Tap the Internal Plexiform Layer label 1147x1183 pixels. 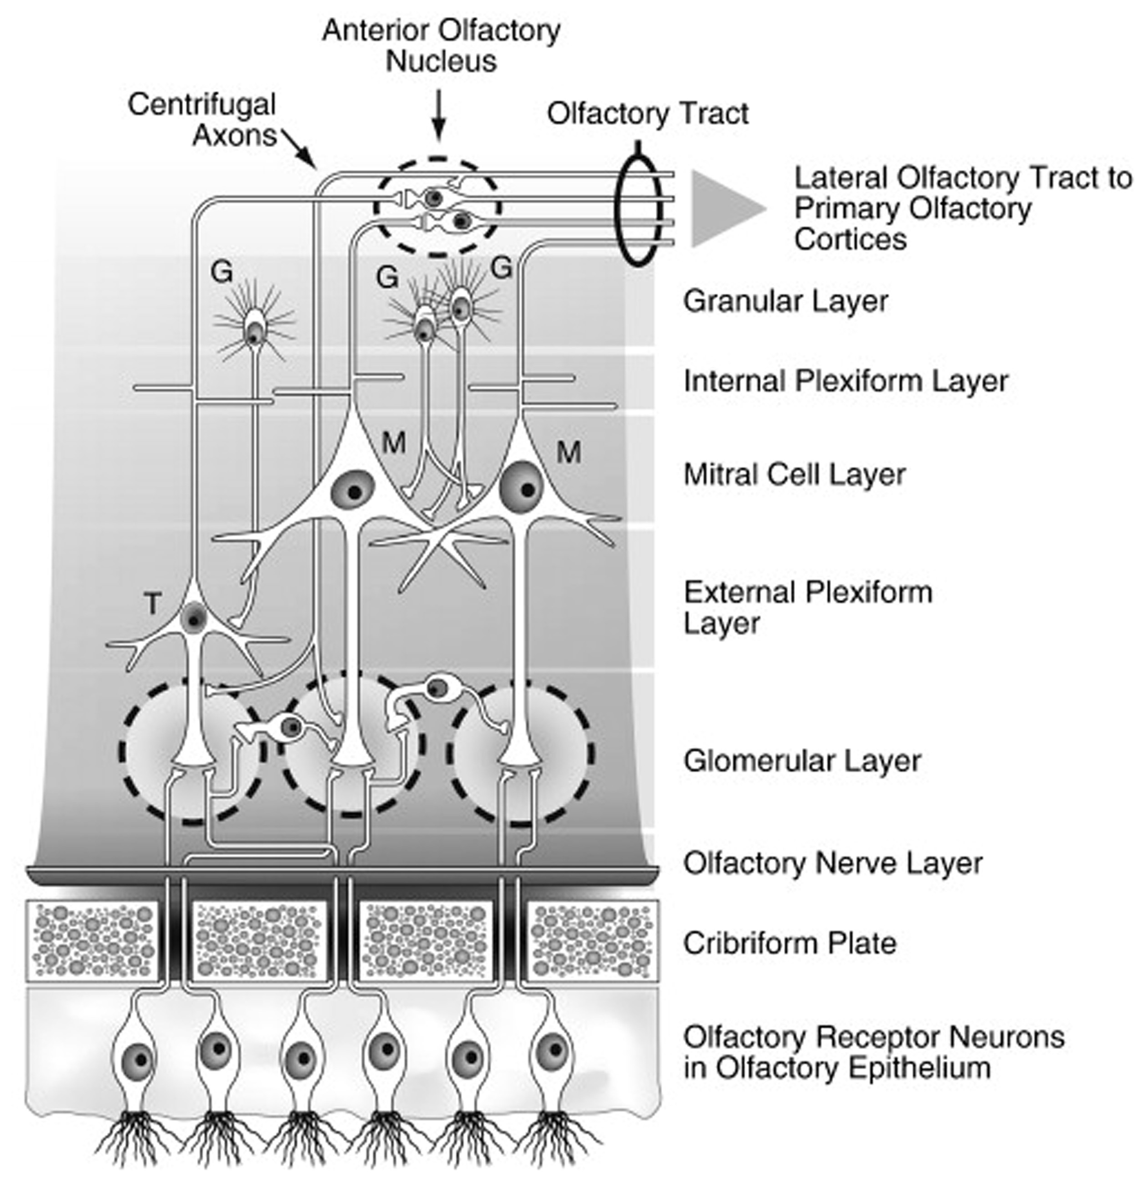tap(845, 381)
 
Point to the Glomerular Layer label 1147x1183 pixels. tap(802, 761)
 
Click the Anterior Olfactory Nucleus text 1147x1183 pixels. tap(441, 46)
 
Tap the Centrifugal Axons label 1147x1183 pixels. tap(202, 120)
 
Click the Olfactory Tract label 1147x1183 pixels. tap(648, 114)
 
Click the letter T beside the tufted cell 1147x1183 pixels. tap(153, 603)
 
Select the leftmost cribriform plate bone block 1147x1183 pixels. tap(92, 940)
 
